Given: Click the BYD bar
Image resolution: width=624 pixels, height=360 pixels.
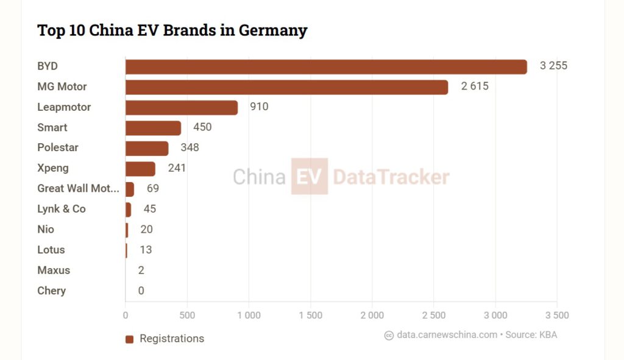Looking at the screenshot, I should (326, 66).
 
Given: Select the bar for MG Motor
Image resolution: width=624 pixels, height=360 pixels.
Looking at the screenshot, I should (286, 87).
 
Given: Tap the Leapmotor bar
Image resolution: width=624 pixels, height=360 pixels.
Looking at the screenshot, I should (182, 107).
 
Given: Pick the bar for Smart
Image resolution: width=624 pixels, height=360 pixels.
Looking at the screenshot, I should (153, 128).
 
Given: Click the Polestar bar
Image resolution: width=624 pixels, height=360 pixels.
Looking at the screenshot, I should (147, 148).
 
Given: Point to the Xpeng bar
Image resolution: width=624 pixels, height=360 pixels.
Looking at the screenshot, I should (140, 169).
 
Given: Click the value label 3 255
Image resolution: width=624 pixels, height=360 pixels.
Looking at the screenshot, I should (553, 66).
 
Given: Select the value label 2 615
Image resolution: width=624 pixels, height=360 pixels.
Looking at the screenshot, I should (475, 86).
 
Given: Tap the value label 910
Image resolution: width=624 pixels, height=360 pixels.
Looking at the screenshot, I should (259, 107).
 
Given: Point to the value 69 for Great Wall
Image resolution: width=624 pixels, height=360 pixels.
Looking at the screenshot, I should (152, 189).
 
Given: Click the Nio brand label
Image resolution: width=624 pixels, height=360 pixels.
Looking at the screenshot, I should (46, 230).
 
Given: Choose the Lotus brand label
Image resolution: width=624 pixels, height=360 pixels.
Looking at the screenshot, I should (51, 250).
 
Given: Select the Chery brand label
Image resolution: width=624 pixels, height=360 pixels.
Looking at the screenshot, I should (51, 291).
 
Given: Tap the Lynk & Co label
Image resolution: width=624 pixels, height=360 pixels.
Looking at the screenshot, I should (61, 209).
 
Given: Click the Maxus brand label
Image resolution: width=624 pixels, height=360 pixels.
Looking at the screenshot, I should (54, 270).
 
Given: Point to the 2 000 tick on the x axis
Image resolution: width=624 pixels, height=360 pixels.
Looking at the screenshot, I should (372, 316).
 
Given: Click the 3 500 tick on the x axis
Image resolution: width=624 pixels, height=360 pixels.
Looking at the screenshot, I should (556, 316).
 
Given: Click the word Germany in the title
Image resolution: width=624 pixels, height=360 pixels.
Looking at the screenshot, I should (272, 30).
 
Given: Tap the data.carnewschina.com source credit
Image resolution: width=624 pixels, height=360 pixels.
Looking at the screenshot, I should (447, 335).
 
